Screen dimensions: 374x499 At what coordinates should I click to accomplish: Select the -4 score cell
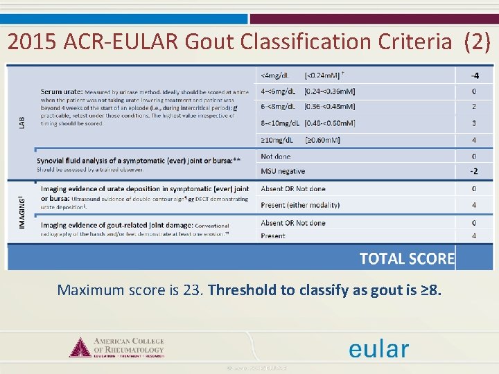474,75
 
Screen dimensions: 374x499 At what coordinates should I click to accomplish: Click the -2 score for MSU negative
474,171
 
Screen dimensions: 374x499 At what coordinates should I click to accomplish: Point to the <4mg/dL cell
276,75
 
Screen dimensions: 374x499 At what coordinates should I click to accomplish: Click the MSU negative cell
283,171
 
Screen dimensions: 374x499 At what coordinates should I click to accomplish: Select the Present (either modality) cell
300,205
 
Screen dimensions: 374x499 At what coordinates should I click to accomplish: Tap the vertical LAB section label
22,121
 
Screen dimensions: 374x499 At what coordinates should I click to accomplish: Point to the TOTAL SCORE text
407,259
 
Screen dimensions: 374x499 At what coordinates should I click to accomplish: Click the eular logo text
378,349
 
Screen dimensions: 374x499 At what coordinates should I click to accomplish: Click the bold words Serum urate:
62,91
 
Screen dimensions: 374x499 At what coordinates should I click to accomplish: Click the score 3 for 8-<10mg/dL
474,123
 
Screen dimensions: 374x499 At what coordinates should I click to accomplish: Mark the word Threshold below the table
241,290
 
